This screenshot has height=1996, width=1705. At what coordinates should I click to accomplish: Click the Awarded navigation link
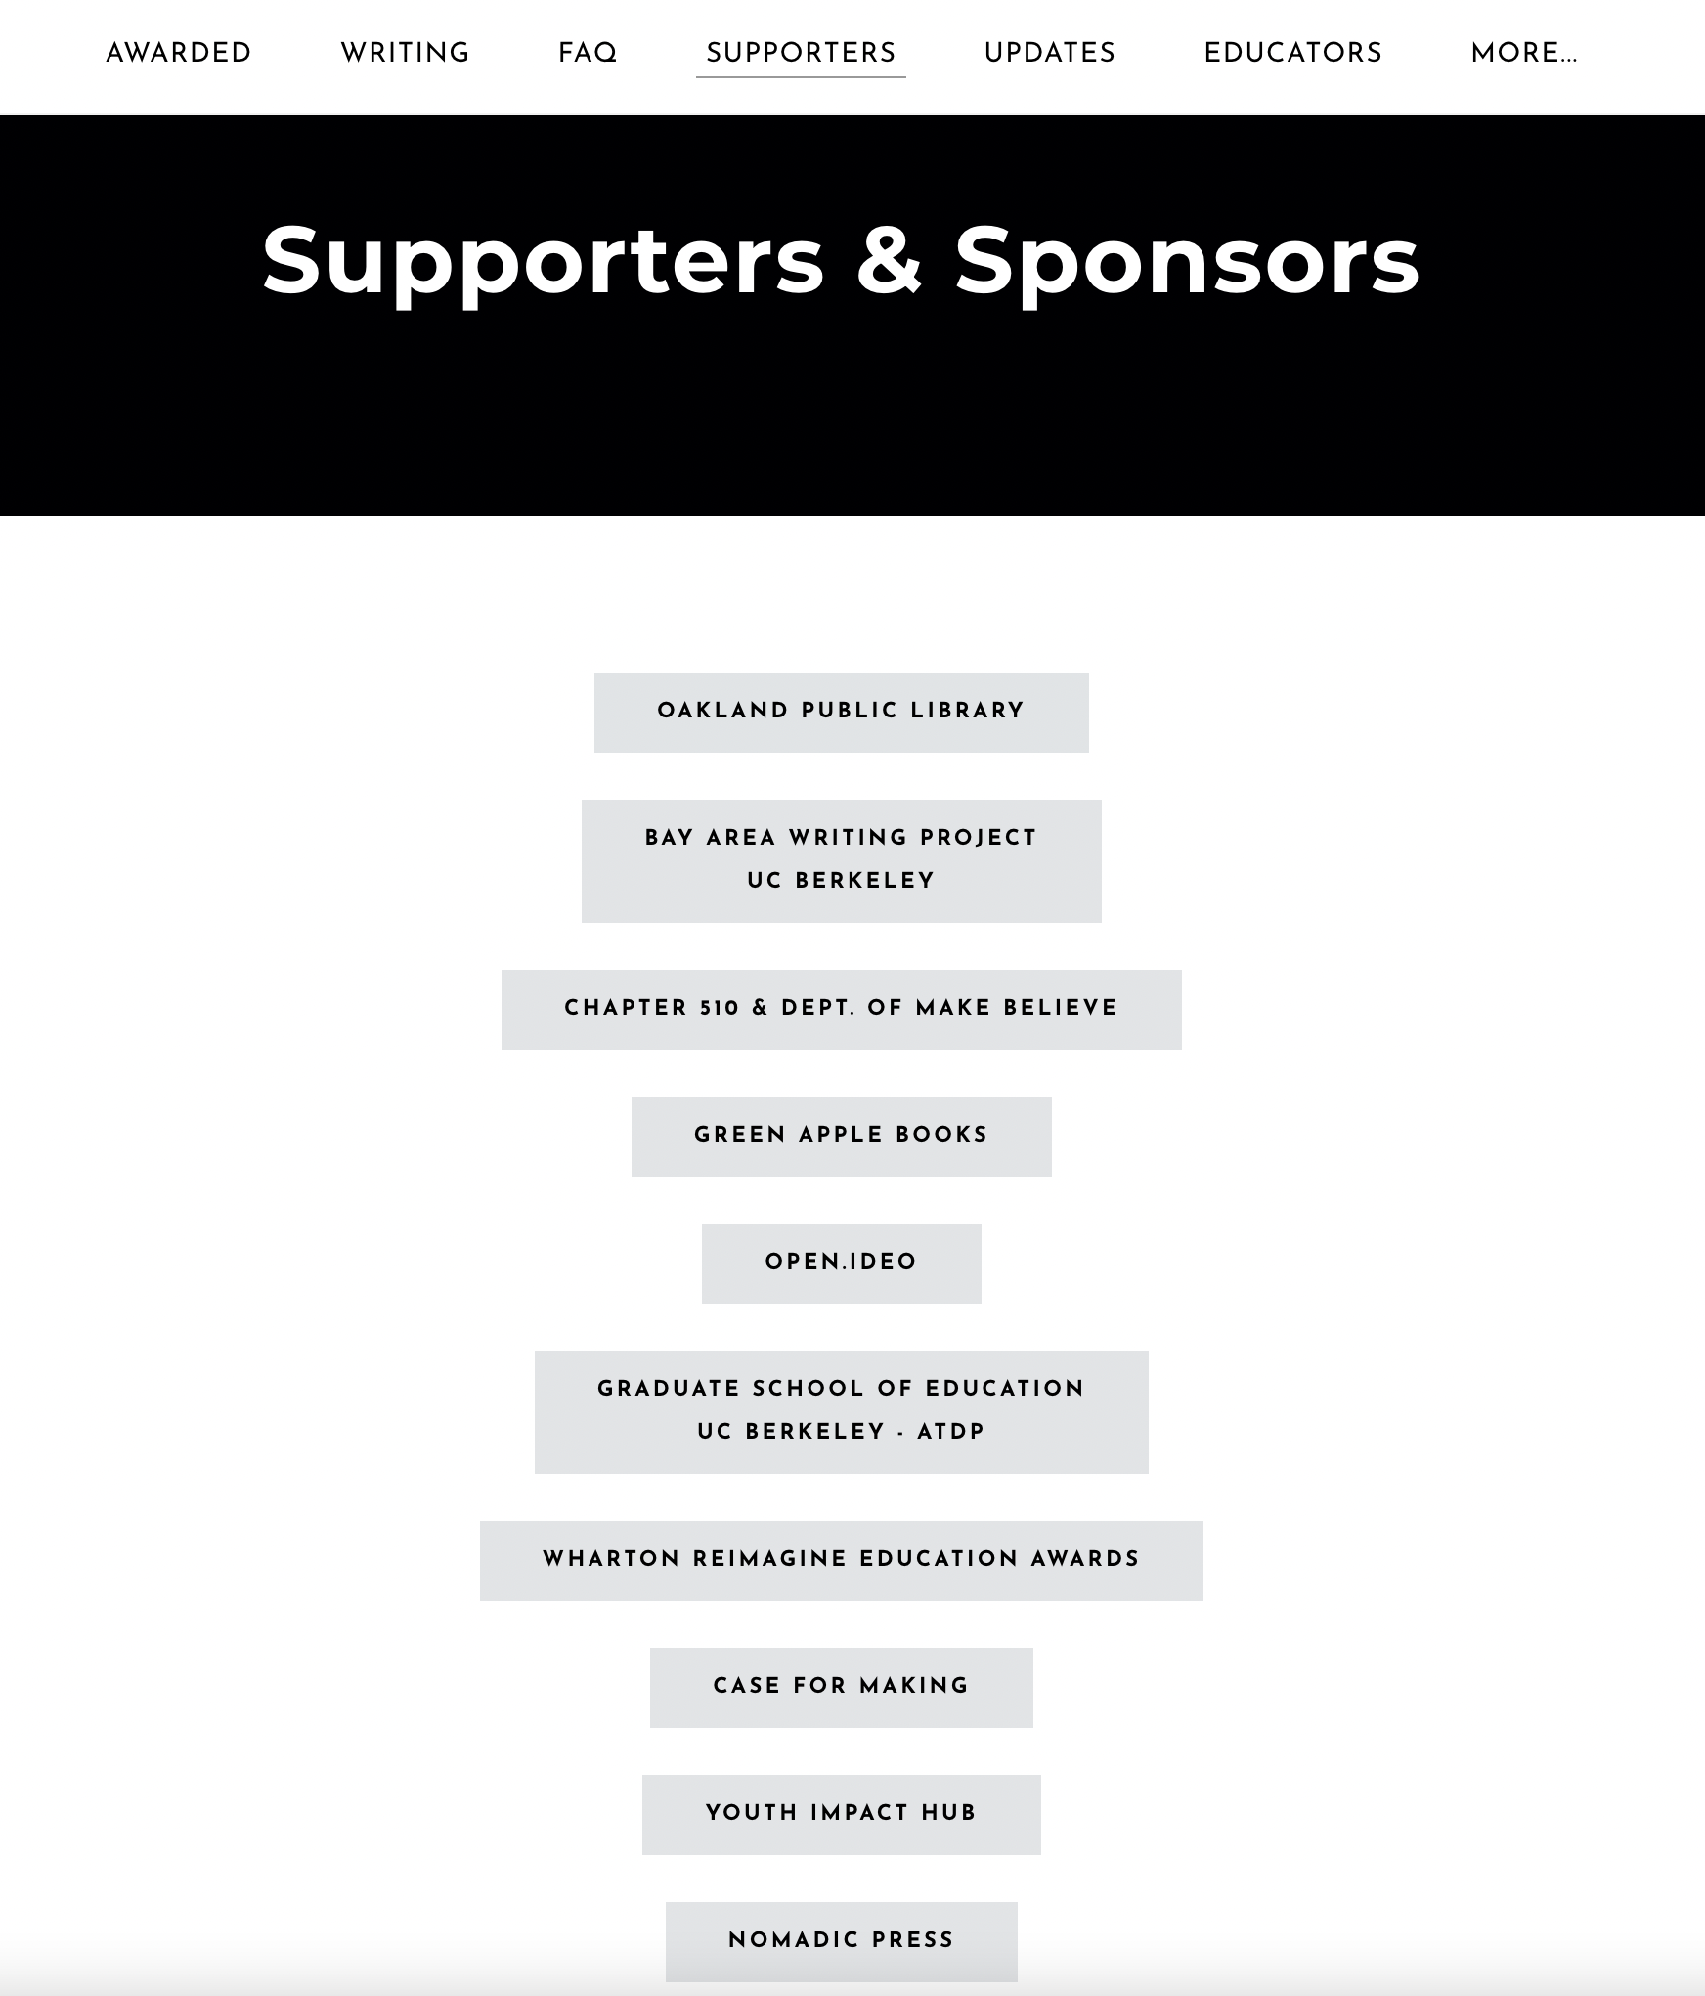[178, 53]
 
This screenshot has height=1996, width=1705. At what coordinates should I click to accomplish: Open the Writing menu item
[405, 53]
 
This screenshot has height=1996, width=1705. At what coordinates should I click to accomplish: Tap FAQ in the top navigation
[587, 53]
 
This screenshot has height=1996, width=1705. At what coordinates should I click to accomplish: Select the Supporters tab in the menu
[801, 53]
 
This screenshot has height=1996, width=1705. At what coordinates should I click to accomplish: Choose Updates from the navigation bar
[1049, 53]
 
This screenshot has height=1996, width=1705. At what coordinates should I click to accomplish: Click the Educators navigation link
[1292, 53]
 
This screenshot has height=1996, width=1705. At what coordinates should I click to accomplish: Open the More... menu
[1523, 53]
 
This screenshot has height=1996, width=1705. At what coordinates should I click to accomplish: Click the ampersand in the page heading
[889, 260]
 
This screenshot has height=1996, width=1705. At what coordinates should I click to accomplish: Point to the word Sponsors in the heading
[1186, 260]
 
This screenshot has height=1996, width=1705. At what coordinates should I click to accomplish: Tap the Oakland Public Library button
[841, 712]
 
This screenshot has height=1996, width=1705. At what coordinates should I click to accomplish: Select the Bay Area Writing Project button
[841, 860]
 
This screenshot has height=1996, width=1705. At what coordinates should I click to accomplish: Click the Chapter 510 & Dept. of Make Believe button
[841, 1009]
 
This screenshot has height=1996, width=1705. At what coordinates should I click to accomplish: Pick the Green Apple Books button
[841, 1136]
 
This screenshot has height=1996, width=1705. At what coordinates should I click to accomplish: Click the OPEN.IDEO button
[841, 1263]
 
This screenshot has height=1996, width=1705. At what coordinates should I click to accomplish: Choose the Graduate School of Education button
[841, 1411]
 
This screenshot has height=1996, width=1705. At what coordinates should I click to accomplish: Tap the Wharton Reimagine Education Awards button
[841, 1560]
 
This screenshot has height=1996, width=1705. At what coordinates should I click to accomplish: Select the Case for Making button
[841, 1687]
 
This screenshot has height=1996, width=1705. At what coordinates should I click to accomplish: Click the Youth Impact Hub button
[841, 1814]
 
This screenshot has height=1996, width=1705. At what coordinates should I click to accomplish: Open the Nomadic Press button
[841, 1941]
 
